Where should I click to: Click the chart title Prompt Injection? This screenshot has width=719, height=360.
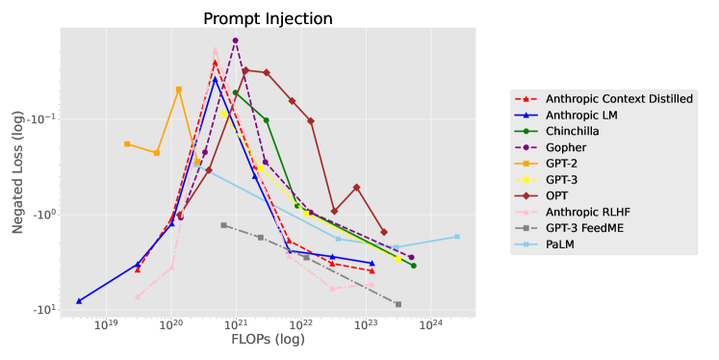click(268, 18)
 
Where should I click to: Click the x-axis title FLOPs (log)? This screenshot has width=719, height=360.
click(268, 340)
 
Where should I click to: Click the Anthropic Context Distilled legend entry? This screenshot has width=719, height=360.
click(619, 98)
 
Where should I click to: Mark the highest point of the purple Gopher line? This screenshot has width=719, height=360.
click(235, 40)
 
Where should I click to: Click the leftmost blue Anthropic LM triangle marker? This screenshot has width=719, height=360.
click(79, 301)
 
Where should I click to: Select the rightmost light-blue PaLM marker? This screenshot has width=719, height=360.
click(457, 237)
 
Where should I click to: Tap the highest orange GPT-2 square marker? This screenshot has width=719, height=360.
click(179, 90)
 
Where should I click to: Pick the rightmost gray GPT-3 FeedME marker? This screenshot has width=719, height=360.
click(398, 304)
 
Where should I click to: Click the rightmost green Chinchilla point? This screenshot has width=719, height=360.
click(413, 266)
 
